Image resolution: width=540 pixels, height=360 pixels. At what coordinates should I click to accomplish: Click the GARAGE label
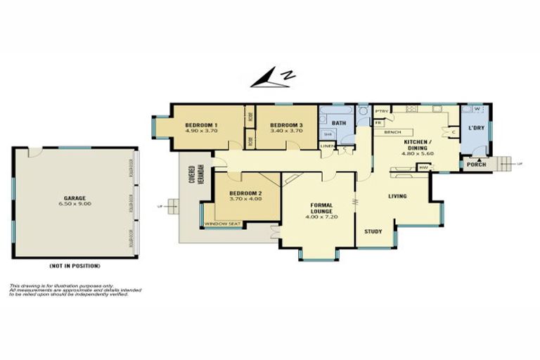75,198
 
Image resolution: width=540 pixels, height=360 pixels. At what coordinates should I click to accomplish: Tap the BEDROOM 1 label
201,125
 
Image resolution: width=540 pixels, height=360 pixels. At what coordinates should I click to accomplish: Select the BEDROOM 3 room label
286,124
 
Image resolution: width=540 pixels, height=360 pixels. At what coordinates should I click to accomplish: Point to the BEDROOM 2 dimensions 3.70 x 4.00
245,198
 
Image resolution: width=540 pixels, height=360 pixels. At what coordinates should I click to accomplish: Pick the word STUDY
373,231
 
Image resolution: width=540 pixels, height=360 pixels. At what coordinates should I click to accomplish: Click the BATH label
339,123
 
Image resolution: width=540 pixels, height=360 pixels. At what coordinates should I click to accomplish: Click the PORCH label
476,165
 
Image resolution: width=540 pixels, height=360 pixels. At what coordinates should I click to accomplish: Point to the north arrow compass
273,78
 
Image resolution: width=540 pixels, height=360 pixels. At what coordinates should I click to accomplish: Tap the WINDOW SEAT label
221,224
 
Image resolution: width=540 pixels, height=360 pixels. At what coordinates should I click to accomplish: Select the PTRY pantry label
382,111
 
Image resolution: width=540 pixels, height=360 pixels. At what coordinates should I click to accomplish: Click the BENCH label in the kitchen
393,132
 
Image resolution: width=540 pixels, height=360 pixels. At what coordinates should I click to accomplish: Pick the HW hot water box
423,167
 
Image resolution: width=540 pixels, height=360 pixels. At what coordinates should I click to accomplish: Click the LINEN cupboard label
328,146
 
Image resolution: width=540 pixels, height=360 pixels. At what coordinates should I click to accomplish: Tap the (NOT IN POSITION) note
75,266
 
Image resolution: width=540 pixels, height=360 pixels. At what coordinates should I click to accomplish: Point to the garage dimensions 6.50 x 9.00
75,204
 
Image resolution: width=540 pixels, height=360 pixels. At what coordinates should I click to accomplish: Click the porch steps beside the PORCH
505,163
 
